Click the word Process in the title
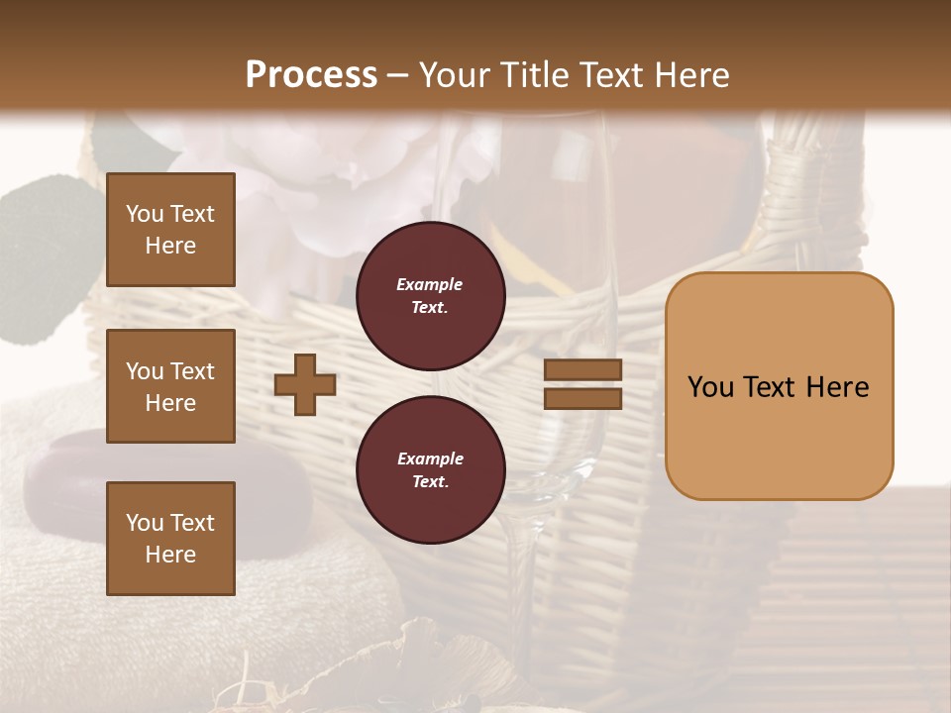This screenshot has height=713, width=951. (x=311, y=75)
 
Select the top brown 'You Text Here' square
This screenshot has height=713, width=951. (x=170, y=230)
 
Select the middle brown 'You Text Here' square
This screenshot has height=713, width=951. (x=170, y=386)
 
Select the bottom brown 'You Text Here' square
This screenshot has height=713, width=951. (x=170, y=538)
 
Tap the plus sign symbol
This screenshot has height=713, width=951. (x=305, y=384)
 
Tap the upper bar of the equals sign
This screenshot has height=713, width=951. (x=582, y=370)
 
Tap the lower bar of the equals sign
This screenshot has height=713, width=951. (x=582, y=398)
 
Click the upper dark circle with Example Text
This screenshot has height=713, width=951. (x=430, y=296)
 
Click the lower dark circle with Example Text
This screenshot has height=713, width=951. (x=430, y=469)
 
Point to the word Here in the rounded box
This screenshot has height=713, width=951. (x=837, y=387)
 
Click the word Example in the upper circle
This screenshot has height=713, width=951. (x=430, y=284)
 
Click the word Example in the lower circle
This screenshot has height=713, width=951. (x=430, y=458)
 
